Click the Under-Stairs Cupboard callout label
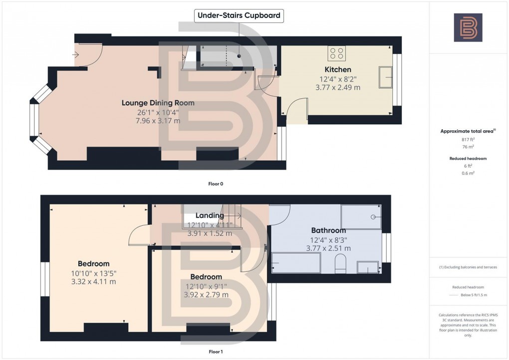239,15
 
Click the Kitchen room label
338,69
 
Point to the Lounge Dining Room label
158,103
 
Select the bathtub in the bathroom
296,263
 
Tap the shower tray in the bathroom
361,217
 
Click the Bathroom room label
328,230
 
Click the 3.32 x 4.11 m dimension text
94,282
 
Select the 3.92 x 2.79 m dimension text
206,295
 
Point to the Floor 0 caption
216,184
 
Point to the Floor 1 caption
216,352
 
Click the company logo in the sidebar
468,27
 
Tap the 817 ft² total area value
468,140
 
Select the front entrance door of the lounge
89,54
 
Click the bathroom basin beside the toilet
368,268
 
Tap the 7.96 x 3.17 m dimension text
158,120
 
